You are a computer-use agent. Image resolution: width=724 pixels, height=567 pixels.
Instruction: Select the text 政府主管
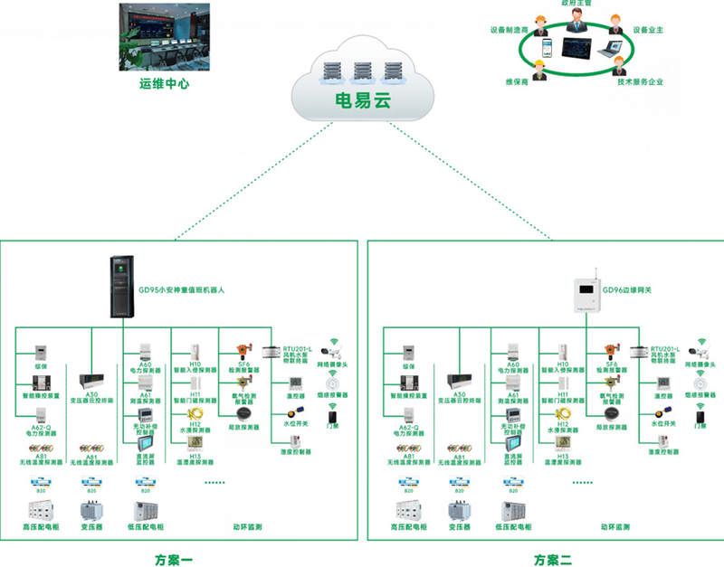point(576,5)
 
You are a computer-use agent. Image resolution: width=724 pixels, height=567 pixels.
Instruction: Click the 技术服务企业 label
point(640,82)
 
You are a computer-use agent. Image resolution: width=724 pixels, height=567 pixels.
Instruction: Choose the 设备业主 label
point(649,29)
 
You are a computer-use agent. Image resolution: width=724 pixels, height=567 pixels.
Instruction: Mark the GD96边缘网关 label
point(640,290)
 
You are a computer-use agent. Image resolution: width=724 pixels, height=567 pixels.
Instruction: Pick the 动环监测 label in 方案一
point(247,525)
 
